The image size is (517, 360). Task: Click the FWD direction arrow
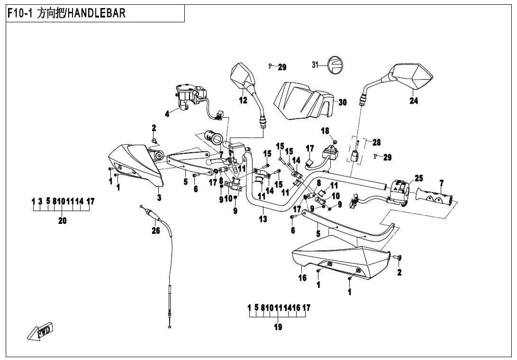click(x=41, y=331)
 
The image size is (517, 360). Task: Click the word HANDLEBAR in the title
click(x=97, y=13)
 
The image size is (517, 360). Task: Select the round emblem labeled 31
click(x=336, y=65)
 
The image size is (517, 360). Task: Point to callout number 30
click(x=343, y=102)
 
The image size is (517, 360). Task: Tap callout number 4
click(x=167, y=113)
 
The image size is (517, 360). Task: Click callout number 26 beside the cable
click(x=155, y=231)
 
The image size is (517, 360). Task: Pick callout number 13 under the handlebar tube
click(x=263, y=219)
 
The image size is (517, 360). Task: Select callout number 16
click(x=302, y=278)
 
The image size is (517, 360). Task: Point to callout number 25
click(x=418, y=178)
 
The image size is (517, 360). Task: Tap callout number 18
click(x=325, y=131)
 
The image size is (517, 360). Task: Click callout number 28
click(x=376, y=142)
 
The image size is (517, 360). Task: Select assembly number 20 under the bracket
click(x=63, y=221)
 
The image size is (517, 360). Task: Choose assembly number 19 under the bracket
click(x=278, y=327)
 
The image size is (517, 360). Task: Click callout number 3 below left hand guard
click(x=159, y=198)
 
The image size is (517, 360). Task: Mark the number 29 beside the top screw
click(x=282, y=67)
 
